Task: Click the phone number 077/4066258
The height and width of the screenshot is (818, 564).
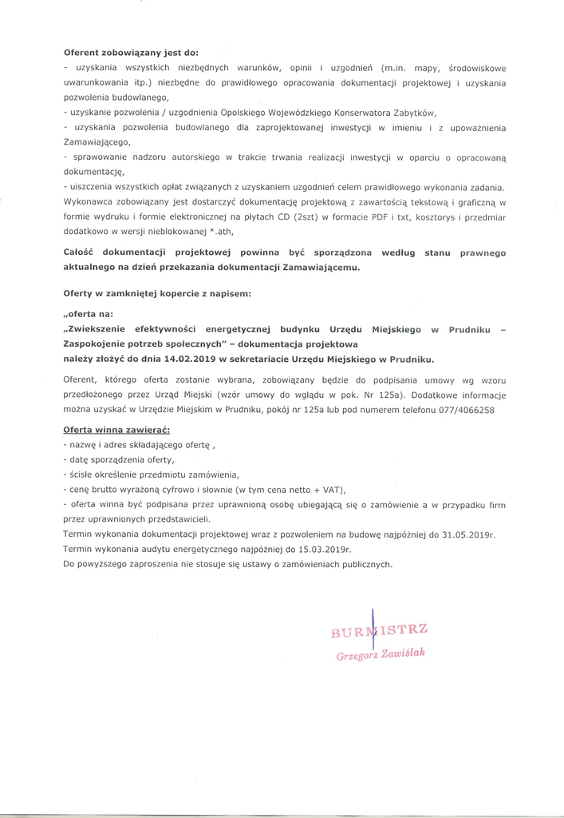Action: [x=467, y=409]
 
